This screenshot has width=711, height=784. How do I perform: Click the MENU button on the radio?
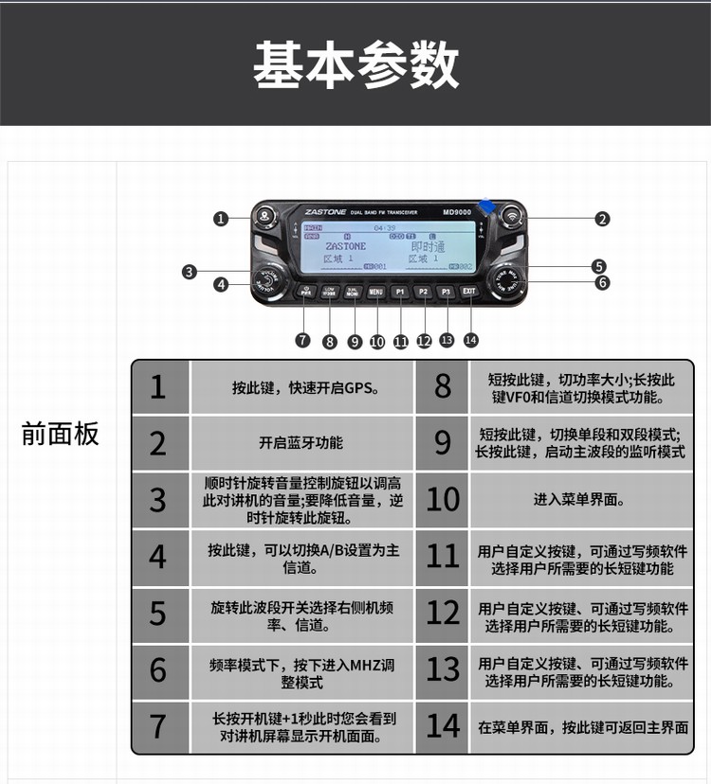(375, 293)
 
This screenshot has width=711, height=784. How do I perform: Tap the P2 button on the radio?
(424, 293)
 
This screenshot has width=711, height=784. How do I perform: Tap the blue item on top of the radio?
(487, 206)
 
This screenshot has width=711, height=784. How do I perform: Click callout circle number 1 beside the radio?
(221, 219)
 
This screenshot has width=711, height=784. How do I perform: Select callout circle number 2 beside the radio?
(602, 219)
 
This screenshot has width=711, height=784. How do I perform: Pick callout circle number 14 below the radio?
(471, 339)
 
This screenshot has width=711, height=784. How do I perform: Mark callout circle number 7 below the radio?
(302, 340)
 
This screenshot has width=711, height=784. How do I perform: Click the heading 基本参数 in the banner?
(355, 64)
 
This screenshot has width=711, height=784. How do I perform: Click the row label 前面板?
(60, 435)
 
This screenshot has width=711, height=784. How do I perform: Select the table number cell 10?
(442, 500)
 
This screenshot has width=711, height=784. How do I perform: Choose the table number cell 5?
(158, 615)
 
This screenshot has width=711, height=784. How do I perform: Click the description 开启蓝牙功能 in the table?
(301, 443)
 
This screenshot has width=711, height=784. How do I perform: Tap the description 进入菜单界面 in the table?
(579, 500)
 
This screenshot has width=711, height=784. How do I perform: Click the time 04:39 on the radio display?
(385, 228)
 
